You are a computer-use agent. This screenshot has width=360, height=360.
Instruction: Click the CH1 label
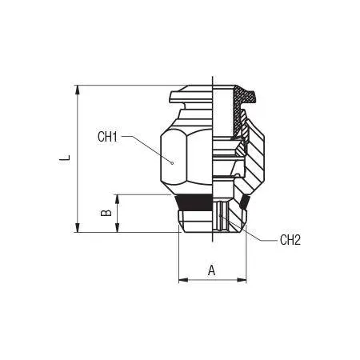[x=107, y=137]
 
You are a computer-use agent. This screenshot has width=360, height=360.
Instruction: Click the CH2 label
[x=290, y=240]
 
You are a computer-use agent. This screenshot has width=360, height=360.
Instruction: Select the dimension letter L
[x=65, y=158]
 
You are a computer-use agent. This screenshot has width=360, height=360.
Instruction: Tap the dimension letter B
[x=106, y=213]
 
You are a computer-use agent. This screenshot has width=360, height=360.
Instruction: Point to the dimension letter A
[x=211, y=270]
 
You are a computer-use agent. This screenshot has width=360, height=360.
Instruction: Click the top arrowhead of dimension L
[x=78, y=90]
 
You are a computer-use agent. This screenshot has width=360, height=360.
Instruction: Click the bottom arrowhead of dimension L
[x=78, y=227]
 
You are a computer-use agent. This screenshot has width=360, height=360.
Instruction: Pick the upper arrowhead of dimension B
[x=117, y=199]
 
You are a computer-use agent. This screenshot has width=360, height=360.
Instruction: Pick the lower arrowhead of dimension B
[x=117, y=227]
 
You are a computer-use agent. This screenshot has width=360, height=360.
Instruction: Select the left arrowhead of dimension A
[x=183, y=280]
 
